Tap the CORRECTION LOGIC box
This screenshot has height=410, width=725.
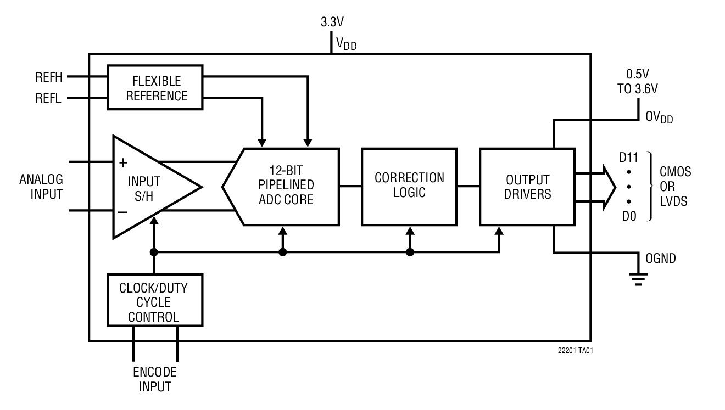pos(409,186)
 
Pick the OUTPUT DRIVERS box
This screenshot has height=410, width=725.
pos(527,187)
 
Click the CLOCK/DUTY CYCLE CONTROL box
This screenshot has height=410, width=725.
pos(155,302)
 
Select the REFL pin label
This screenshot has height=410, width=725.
pos(48,99)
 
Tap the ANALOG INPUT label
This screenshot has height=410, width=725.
pos(41,187)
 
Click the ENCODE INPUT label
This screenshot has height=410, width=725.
pos(155,379)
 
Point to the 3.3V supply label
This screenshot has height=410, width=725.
pos(332,23)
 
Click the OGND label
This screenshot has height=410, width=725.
pos(661,259)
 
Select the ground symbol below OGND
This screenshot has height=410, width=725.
pos(638,280)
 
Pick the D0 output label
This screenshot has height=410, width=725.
pos(629,216)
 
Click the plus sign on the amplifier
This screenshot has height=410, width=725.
pos(123,162)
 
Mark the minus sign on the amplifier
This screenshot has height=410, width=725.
pos(123,211)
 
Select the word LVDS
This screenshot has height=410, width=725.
pos(673,202)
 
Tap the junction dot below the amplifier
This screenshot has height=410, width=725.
pos(154,252)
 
